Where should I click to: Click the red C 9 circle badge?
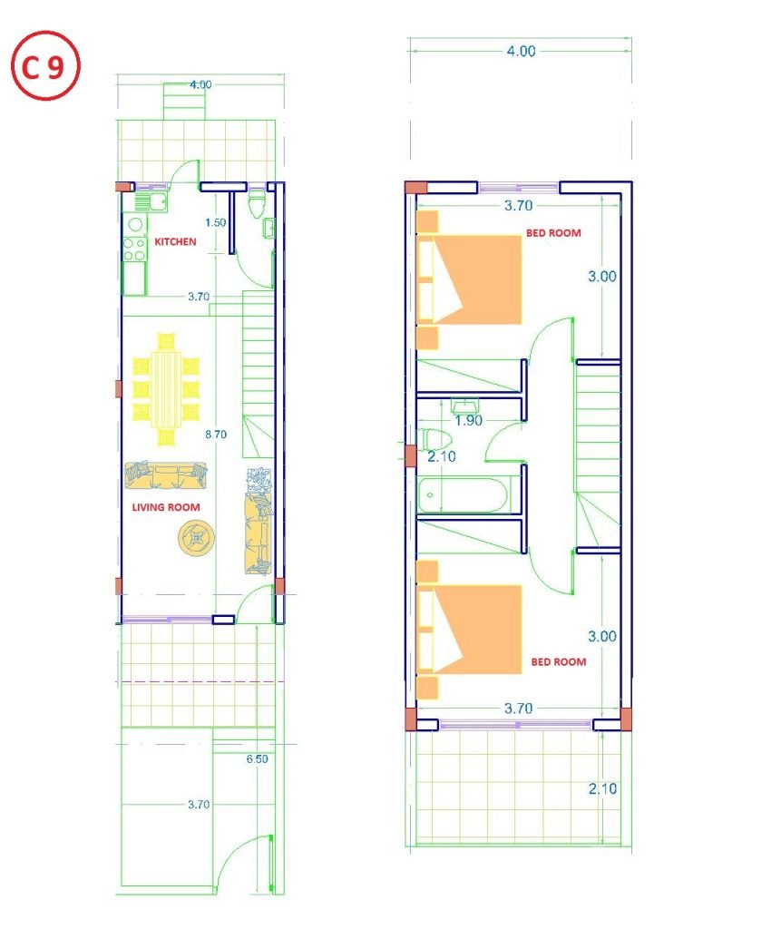coord(45,65)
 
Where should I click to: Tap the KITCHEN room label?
coord(175,241)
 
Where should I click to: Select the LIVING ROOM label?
coord(166,507)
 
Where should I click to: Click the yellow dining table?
coord(166,389)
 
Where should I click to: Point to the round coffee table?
coord(196,538)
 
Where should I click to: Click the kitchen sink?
coord(151,202)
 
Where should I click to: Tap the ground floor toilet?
coord(257,203)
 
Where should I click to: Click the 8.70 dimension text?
coord(216,435)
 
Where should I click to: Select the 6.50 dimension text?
coord(258,759)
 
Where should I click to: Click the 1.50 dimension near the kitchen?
coord(216,223)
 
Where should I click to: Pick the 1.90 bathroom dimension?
coord(469,421)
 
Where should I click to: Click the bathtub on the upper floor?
coord(464,495)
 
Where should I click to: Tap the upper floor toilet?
coord(436,439)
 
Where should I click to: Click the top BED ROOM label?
coord(553,233)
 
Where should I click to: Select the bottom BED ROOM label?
coord(558,661)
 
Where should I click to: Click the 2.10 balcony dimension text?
coord(602,789)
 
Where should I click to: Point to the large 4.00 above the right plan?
coord(521,52)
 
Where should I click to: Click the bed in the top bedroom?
coord(469,279)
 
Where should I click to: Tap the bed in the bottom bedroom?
coord(469,630)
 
